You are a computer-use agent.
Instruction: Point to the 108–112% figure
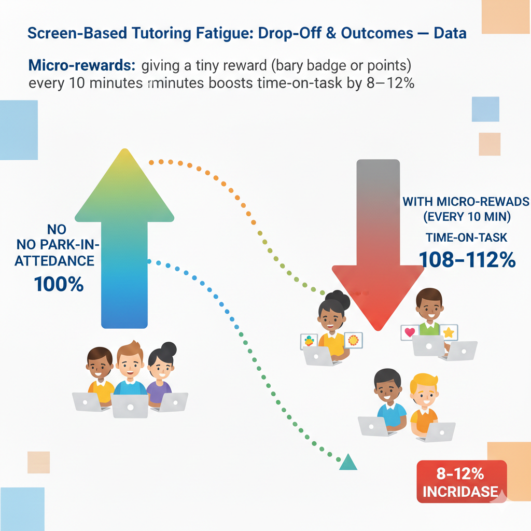click(x=467, y=259)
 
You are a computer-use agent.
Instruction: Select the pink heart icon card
click(x=410, y=332)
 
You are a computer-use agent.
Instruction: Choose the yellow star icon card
click(x=449, y=332)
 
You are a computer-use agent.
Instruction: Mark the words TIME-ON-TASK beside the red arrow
click(x=466, y=237)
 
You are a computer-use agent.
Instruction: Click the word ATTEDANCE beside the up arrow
click(x=54, y=261)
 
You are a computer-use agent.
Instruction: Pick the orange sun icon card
click(x=354, y=340)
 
